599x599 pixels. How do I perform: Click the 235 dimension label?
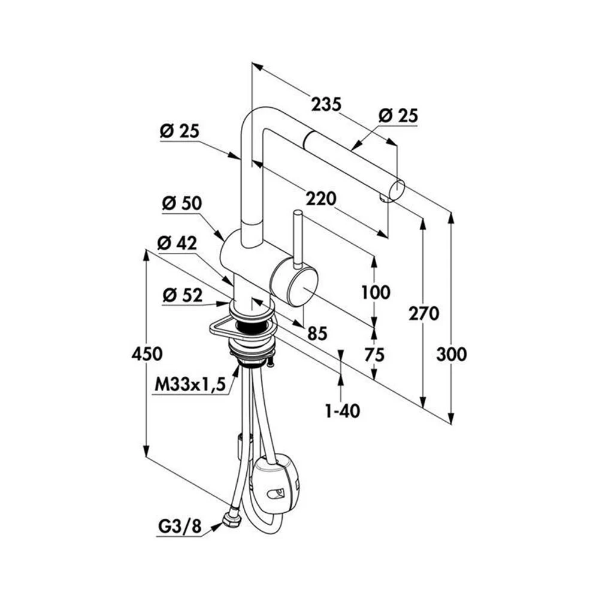click(x=326, y=104)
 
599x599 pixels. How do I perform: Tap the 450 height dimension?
click(x=147, y=354)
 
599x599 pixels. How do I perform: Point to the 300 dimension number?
click(x=451, y=354)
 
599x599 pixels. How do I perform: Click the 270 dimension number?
click(x=423, y=313)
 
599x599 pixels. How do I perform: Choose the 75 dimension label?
click(x=375, y=354)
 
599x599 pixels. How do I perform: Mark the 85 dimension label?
click(x=317, y=334)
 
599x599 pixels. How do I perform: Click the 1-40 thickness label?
click(x=342, y=412)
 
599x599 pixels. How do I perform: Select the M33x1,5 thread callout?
click(x=191, y=385)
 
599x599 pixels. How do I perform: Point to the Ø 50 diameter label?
click(x=181, y=204)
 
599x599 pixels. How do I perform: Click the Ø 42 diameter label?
click(x=177, y=243)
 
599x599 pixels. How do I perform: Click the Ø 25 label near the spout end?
click(x=398, y=115)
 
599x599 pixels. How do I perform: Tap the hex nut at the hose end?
click(x=231, y=518)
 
